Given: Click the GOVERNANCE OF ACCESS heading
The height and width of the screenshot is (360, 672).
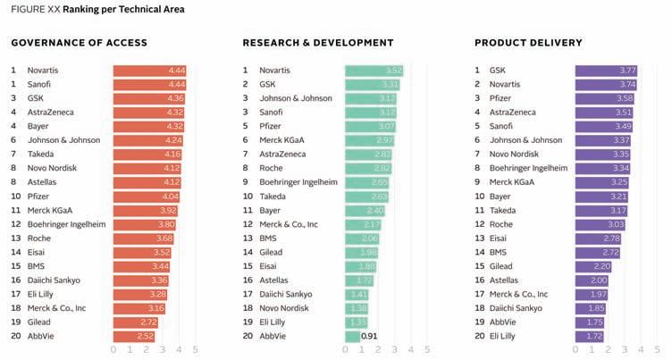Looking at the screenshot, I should (79, 42).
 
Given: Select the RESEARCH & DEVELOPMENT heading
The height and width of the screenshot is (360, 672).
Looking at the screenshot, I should (318, 42).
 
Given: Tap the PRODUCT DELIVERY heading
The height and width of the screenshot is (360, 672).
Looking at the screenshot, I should (528, 42).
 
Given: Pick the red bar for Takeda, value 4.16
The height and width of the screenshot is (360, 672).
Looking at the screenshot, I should (147, 155).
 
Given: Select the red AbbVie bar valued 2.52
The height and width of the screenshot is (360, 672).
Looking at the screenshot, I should (134, 337).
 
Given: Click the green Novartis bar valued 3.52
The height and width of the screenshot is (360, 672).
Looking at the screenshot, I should (374, 70).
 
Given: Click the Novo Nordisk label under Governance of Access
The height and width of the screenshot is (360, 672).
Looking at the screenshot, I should (53, 168).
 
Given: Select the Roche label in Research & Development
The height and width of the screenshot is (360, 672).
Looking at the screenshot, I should (272, 168).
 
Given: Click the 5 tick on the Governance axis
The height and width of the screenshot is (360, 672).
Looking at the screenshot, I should (195, 349).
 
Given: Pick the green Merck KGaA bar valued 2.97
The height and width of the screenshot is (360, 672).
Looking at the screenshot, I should (370, 140).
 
